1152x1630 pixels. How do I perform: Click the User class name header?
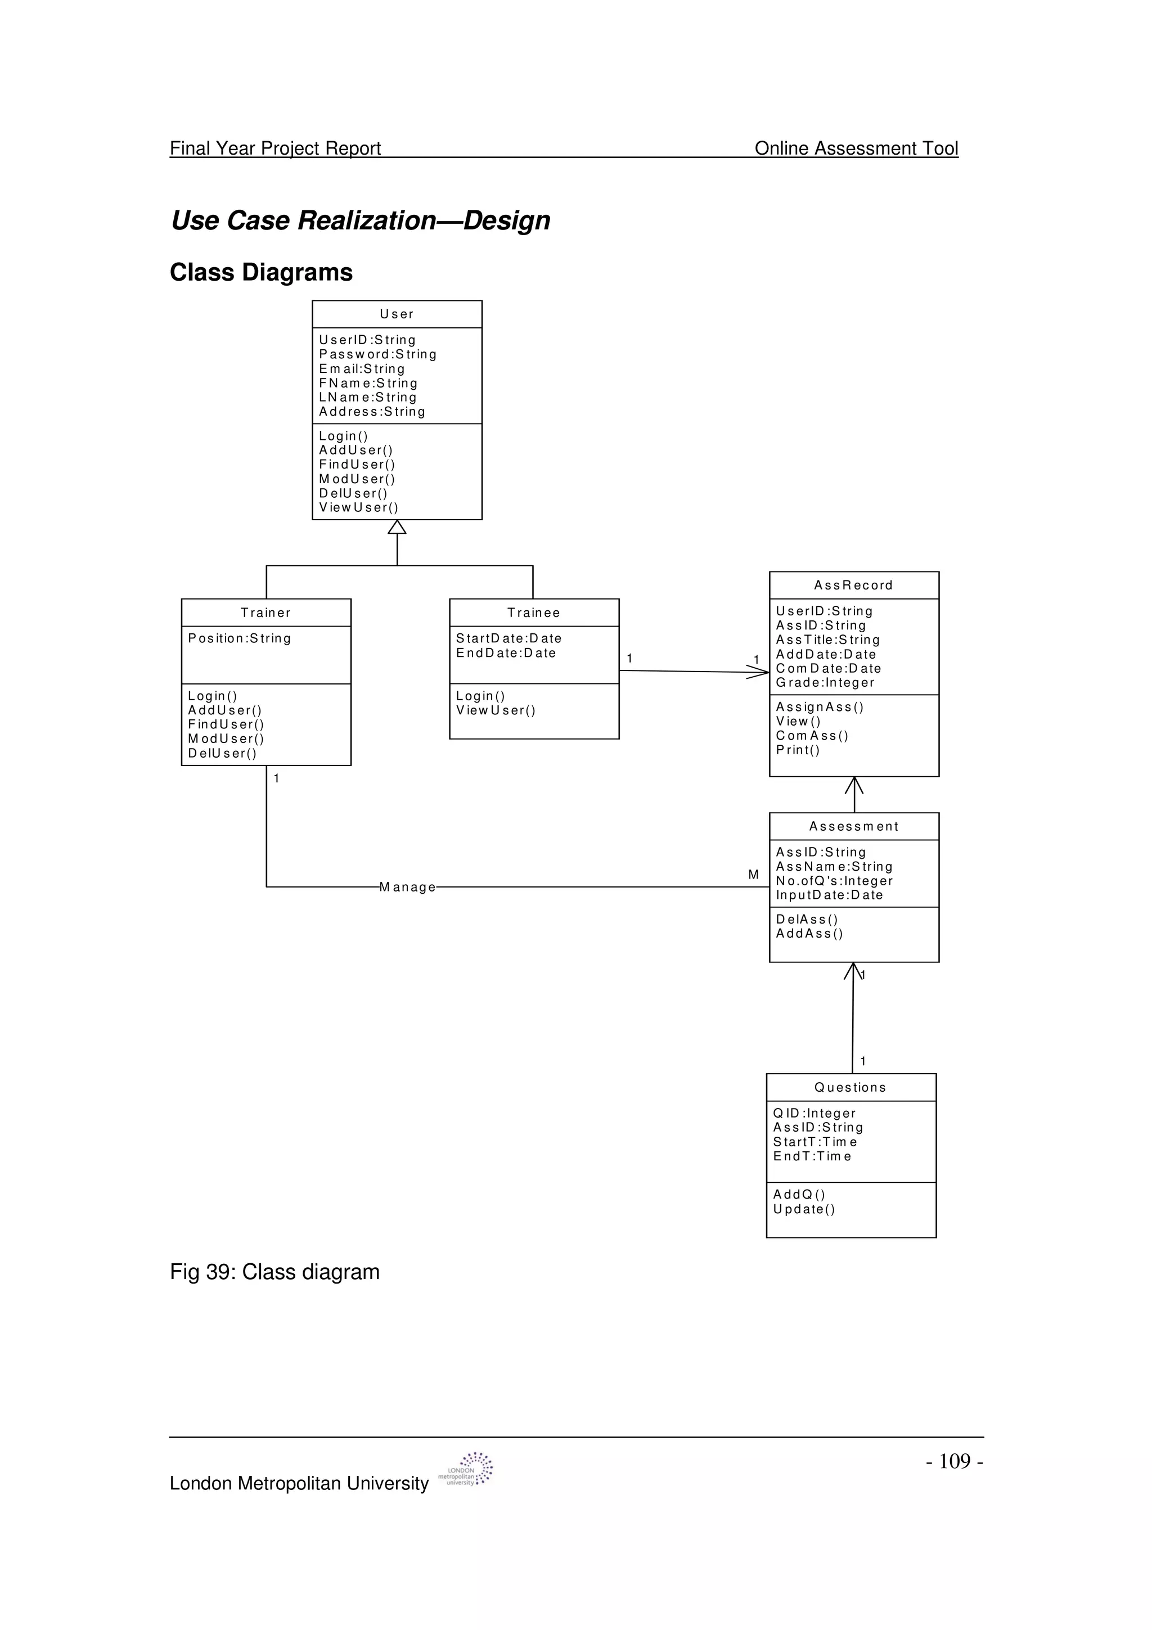pyautogui.click(x=397, y=314)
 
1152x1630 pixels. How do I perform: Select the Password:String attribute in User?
pyautogui.click(x=377, y=354)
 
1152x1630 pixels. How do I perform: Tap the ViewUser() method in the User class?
pyautogui.click(x=358, y=507)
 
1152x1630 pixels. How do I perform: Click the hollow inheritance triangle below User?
pyautogui.click(x=397, y=527)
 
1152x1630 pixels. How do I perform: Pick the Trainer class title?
pyautogui.click(x=265, y=613)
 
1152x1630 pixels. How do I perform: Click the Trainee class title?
pyautogui.click(x=534, y=613)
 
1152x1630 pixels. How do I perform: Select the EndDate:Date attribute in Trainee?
pyautogui.click(x=506, y=653)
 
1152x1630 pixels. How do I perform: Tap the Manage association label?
pyautogui.click(x=407, y=888)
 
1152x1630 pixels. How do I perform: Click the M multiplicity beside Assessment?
pyautogui.click(x=753, y=875)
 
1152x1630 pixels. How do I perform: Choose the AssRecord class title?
pyautogui.click(x=853, y=585)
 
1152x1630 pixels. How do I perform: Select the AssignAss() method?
pyautogui.click(x=820, y=707)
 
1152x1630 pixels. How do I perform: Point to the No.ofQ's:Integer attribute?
pyautogui.click(x=835, y=881)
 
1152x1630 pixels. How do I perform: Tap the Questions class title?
pyautogui.click(x=850, y=1088)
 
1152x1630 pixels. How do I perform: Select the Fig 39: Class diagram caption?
pyautogui.click(x=274, y=1272)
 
